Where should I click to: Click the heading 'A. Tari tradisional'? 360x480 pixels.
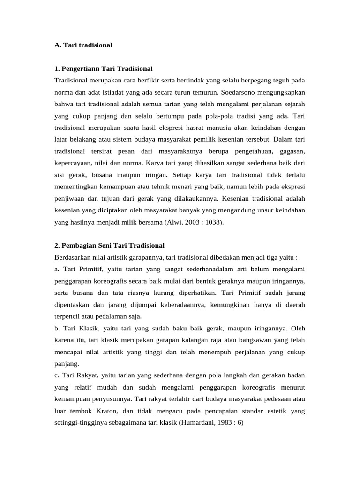coord(83,45)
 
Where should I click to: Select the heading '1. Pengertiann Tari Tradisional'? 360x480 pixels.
coord(103,69)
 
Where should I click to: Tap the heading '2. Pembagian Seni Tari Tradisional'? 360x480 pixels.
coord(109,245)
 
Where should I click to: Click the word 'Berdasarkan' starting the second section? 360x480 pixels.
coord(73,257)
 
